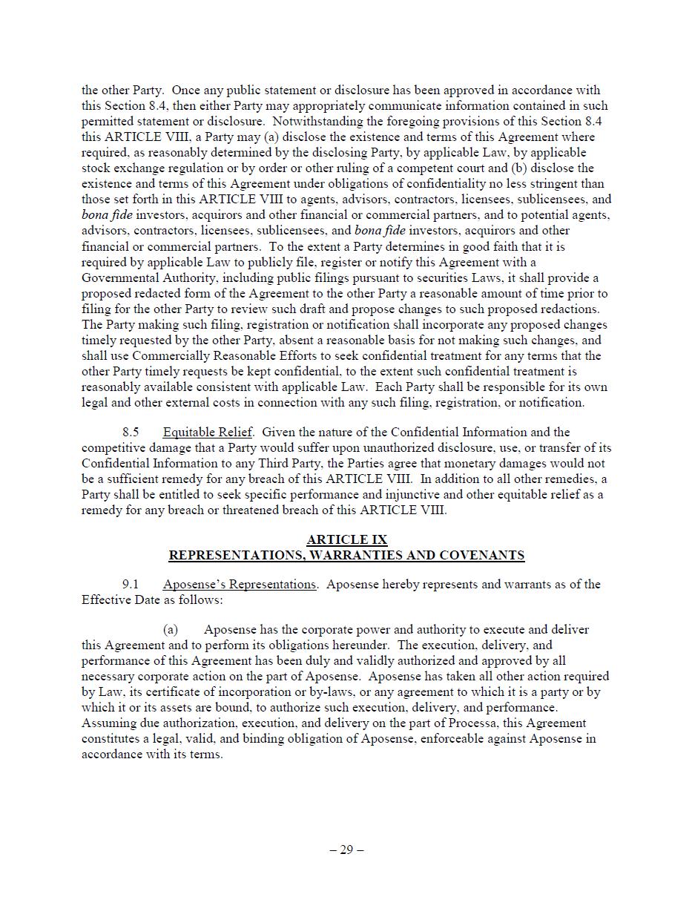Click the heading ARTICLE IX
click(x=346, y=540)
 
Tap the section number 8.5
click(x=131, y=433)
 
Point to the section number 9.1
click(x=131, y=585)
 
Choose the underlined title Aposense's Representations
click(x=239, y=585)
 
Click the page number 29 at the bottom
click(x=346, y=850)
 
